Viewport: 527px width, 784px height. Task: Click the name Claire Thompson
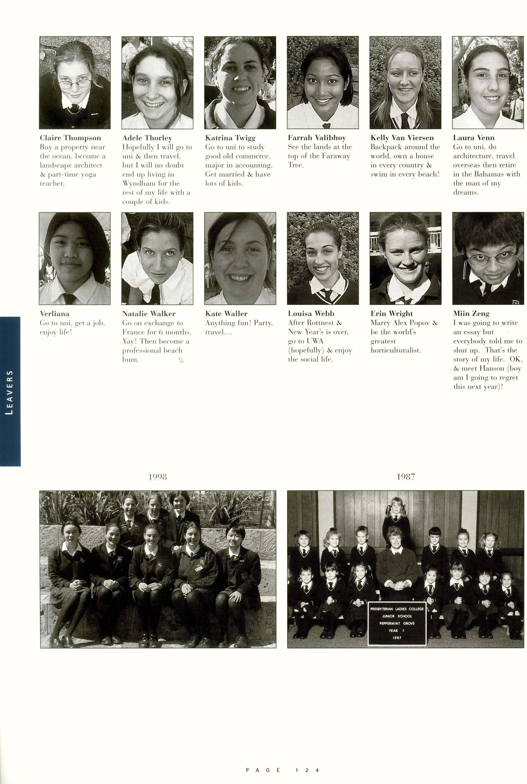70,138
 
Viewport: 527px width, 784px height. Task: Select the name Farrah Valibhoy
317,138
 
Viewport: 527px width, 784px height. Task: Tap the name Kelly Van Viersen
402,138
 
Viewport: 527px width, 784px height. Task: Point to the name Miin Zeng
471,314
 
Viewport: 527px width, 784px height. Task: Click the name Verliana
55,314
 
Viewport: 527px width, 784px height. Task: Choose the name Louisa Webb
311,314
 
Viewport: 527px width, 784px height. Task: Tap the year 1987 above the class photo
406,477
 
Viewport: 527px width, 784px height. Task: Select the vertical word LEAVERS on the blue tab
10,392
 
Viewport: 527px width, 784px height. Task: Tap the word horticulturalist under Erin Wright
396,350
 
